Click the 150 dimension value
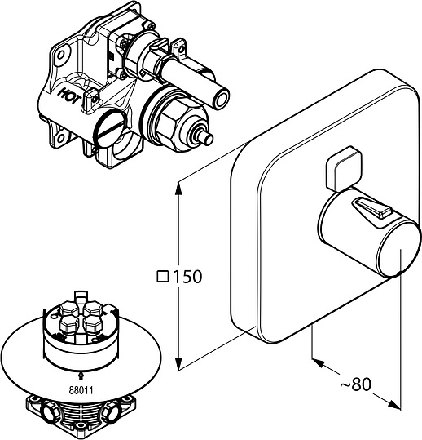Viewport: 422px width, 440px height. [x=187, y=277]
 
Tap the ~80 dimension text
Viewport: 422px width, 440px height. [x=355, y=384]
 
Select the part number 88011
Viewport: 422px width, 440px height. [x=81, y=390]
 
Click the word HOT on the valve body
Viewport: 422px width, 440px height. [x=68, y=96]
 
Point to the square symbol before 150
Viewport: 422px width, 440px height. [x=163, y=277]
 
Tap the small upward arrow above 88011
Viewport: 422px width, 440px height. [x=81, y=376]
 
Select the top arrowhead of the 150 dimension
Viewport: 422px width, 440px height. [x=178, y=188]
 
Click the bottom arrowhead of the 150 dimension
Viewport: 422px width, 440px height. [x=178, y=364]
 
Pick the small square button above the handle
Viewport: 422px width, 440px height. [x=343, y=169]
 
